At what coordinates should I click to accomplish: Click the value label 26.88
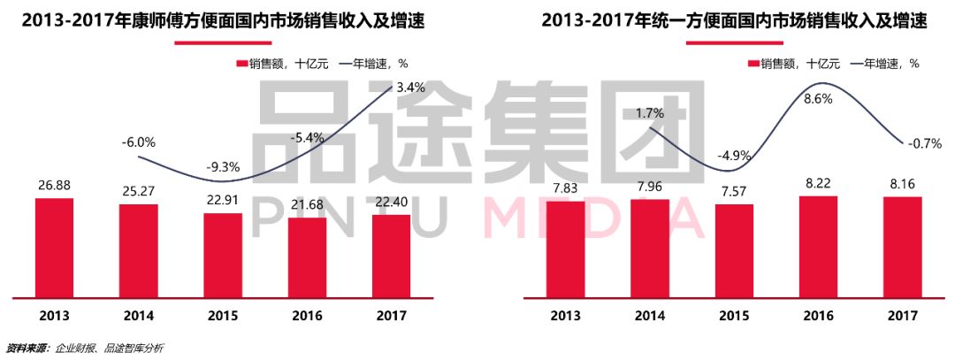[54, 186]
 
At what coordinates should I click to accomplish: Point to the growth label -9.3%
[223, 165]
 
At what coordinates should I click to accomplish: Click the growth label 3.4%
[411, 88]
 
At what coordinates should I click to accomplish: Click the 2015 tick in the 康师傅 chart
[223, 315]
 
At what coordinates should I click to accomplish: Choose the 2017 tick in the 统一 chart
[902, 315]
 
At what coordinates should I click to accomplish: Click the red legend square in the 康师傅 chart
[242, 64]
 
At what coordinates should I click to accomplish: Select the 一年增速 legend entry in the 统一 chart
[885, 64]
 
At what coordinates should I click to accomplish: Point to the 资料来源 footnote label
[27, 348]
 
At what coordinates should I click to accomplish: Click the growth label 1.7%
[650, 113]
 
